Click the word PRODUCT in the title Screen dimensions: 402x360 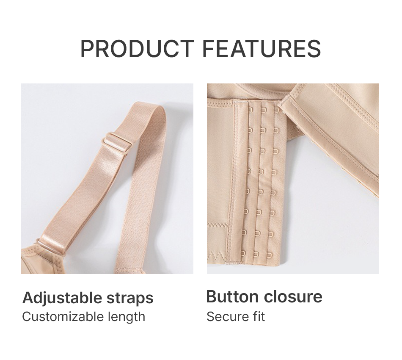point(137,49)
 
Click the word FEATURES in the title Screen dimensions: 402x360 point(262,49)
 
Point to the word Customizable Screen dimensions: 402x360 point(63,317)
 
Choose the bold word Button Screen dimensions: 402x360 point(232,296)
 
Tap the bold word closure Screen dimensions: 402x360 point(293,296)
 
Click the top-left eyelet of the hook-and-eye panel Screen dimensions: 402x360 point(250,110)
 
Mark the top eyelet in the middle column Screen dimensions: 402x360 point(263,110)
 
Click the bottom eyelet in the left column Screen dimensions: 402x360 point(242,254)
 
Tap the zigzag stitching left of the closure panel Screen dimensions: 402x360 point(218,256)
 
